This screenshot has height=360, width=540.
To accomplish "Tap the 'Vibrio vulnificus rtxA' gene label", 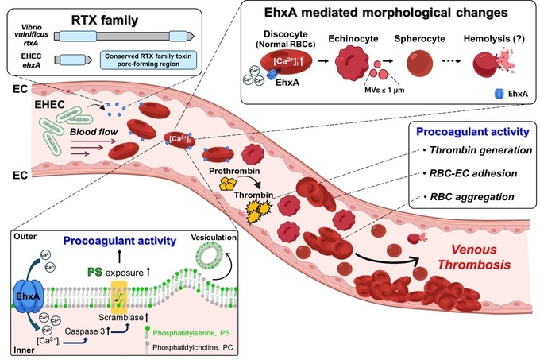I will pyautogui.click(x=26, y=35).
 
